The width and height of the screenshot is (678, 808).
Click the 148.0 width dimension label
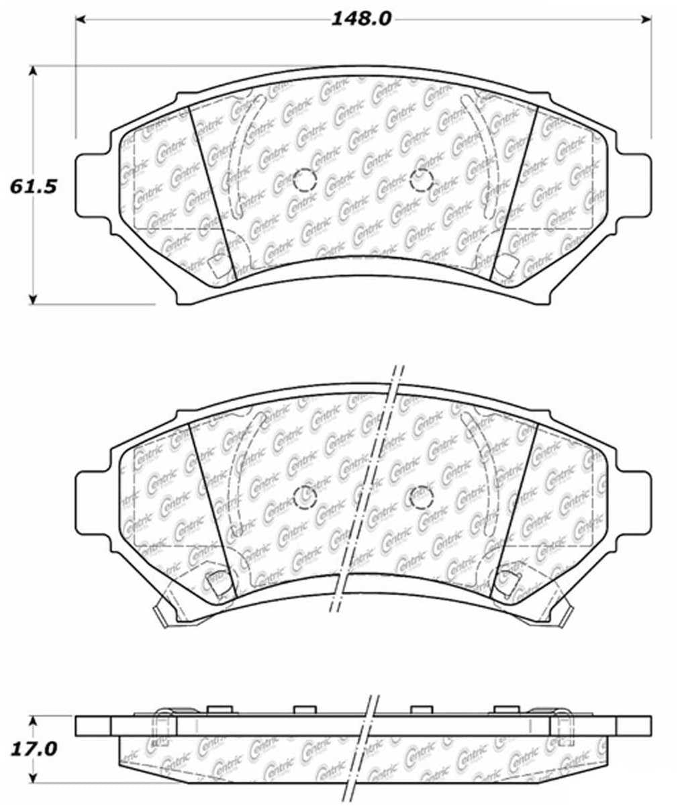pyautogui.click(x=360, y=19)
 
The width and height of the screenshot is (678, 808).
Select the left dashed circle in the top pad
pyautogui.click(x=305, y=180)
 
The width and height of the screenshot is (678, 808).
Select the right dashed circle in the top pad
pyautogui.click(x=421, y=180)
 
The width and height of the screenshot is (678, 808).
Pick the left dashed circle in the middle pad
pyautogui.click(x=305, y=496)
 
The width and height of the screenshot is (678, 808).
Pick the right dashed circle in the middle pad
pyautogui.click(x=421, y=496)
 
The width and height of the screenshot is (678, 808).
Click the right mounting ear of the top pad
pyautogui.click(x=634, y=185)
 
